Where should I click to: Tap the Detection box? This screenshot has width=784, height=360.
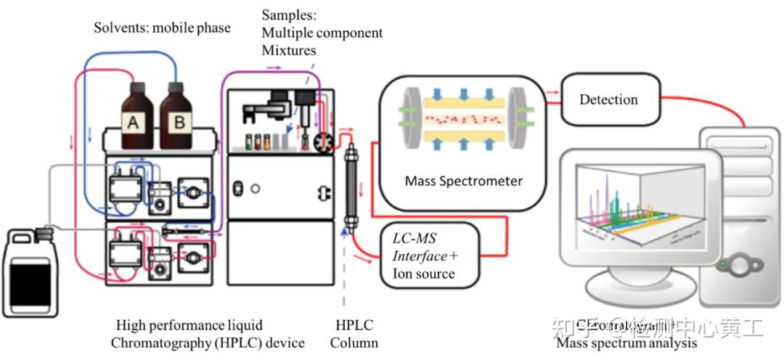coord(608,99)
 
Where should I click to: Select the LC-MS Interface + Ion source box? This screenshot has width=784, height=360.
coord(429,256)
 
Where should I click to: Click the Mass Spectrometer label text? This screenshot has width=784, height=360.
coord(463,181)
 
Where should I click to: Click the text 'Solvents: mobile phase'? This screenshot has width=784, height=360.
coord(162,28)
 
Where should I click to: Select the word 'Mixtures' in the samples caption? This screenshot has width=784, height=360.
coord(289,51)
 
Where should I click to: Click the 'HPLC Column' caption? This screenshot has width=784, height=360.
coord(355,334)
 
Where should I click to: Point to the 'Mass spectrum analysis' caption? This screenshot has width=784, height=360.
coord(626,343)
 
